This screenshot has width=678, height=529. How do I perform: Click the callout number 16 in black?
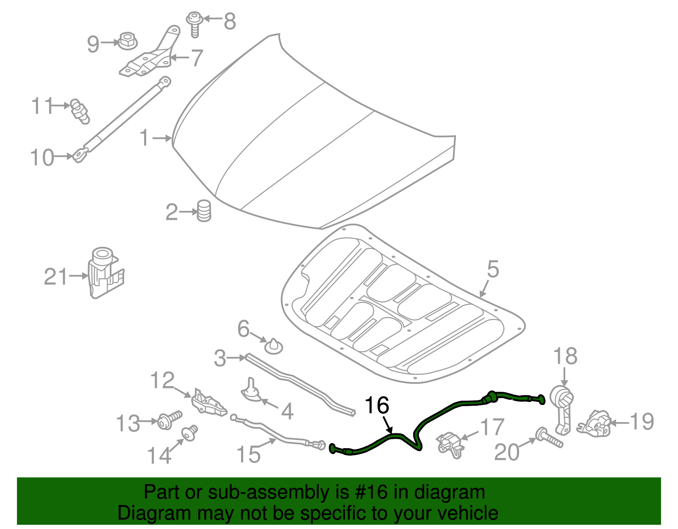[x=377, y=405]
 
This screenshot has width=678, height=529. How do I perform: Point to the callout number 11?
[x=42, y=105]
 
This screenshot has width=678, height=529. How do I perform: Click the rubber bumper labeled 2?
[x=204, y=210]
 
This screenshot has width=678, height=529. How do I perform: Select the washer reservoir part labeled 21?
[x=104, y=272]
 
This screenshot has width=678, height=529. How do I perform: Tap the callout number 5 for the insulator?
[x=493, y=269]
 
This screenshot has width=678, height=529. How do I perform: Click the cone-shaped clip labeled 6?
[x=273, y=346]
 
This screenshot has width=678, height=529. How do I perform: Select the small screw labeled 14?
[x=190, y=432]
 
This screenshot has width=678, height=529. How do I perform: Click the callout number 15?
[x=248, y=454]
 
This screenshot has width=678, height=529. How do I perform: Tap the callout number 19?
[x=642, y=421]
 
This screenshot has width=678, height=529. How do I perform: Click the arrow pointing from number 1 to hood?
[x=163, y=138]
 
